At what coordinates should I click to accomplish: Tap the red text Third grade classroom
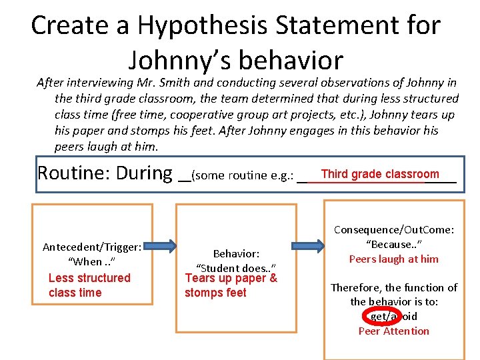pos(380,174)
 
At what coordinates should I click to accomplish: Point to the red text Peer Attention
pos(393,331)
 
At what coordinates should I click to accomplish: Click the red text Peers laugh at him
pos(393,259)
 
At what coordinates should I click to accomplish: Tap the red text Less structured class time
pos(89,285)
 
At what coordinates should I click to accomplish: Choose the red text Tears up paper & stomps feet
pos(231,285)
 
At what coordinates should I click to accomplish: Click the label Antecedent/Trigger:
pos(91,247)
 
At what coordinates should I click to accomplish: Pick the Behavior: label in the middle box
pos(235,254)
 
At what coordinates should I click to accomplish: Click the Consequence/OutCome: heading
pos(393,230)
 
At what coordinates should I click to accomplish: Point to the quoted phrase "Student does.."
pos(235,268)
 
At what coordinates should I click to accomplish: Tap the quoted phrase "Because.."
pos(393,244)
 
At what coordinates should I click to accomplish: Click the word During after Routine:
pos(143,173)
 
